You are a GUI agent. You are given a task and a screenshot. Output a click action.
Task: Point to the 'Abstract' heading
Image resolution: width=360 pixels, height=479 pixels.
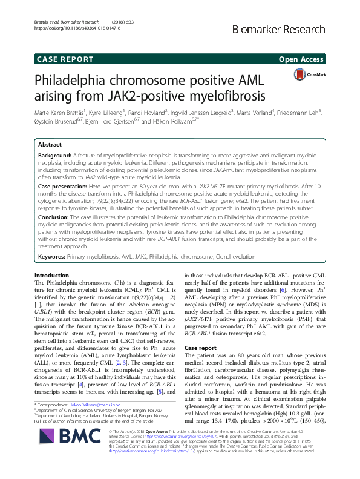coord(50,145)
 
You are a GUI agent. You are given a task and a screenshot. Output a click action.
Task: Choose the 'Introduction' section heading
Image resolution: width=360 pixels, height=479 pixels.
coord(52,275)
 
